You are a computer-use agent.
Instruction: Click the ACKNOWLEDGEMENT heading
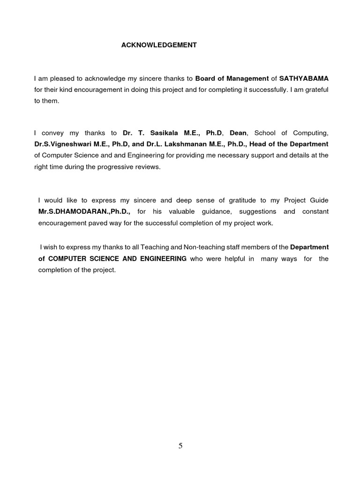pyautogui.click(x=159, y=45)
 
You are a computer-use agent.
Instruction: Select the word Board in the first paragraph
pyautogui.click(x=204, y=78)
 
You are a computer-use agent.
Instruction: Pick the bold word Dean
pyautogui.click(x=238, y=133)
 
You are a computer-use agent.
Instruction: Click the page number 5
pyautogui.click(x=180, y=446)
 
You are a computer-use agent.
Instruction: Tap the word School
pyautogui.click(x=265, y=133)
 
